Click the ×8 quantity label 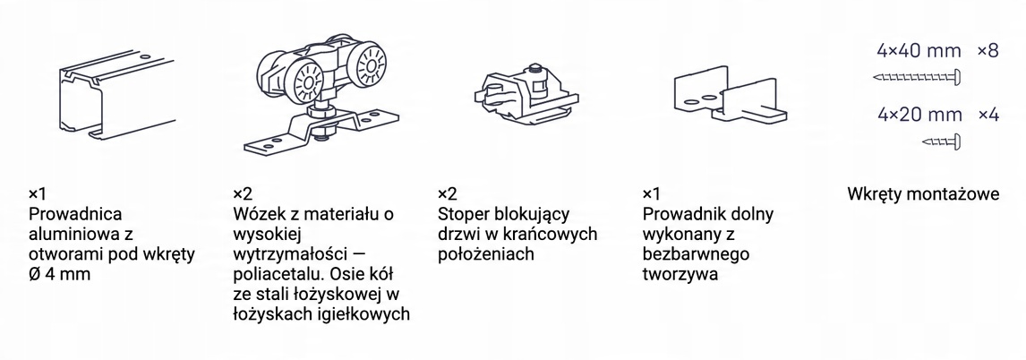click(x=988, y=51)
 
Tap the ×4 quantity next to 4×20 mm click(x=988, y=116)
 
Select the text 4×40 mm click(x=919, y=51)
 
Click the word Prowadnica click(x=75, y=214)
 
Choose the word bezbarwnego click(x=697, y=254)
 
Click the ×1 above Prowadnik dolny click(x=652, y=194)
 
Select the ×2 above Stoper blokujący click(x=448, y=194)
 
